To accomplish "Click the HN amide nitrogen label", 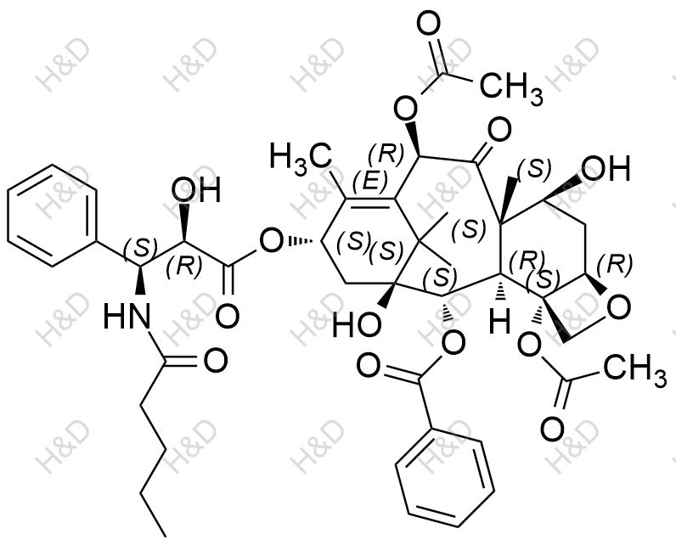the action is (x=127, y=315).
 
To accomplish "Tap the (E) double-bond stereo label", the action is (x=370, y=182).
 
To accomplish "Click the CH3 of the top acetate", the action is (x=511, y=87).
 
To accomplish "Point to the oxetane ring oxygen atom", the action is (x=619, y=306).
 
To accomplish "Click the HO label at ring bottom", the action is (x=357, y=324).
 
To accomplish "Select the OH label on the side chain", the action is (x=196, y=189).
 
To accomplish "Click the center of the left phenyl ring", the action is (x=52, y=216).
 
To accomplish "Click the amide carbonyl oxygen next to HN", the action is (x=215, y=360).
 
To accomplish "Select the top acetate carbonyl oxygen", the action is (x=429, y=23).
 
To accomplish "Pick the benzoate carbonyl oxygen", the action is (x=369, y=365).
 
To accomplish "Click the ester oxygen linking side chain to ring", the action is (x=271, y=241).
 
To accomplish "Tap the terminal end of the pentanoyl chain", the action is (x=165, y=537).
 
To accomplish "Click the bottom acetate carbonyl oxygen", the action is (x=552, y=429).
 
